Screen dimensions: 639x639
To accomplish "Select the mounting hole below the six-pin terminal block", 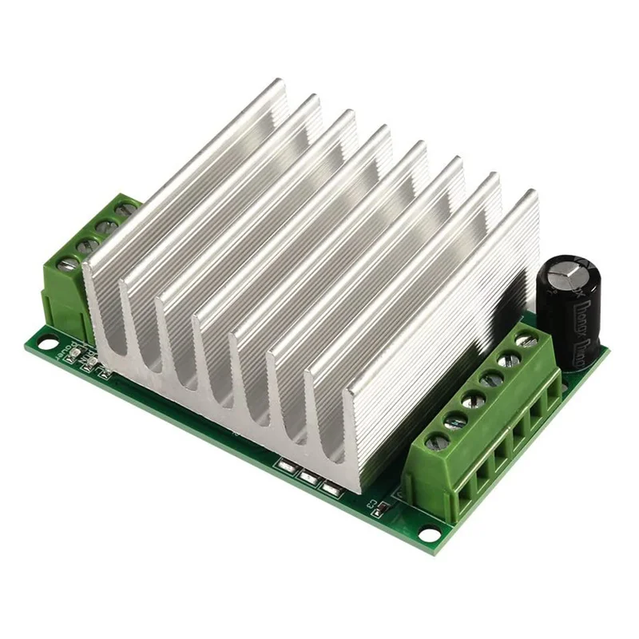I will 431,533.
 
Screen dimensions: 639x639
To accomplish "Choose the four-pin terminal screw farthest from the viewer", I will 124,211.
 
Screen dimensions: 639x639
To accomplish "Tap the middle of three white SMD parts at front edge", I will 308,477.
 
